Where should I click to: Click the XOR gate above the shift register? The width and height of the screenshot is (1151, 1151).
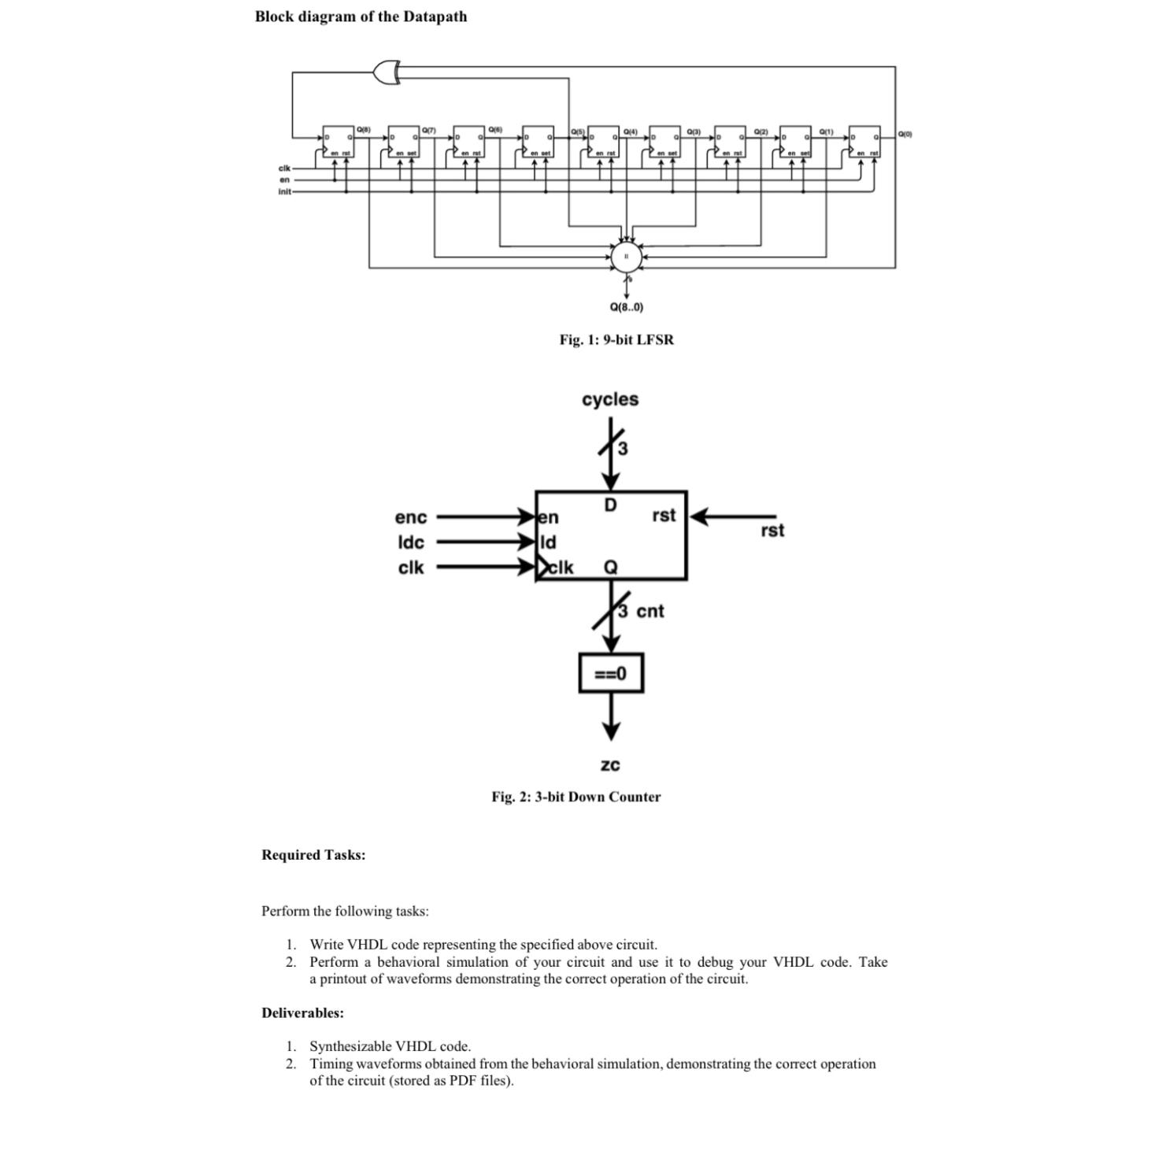387,72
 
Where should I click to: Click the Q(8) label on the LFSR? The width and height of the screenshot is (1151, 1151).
363,128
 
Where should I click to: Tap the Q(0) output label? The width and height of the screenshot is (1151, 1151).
905,134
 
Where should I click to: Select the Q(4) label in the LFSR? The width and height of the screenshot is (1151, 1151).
631,131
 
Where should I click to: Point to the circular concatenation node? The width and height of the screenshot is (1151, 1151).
627,257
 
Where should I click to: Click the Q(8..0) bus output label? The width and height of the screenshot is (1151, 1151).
627,307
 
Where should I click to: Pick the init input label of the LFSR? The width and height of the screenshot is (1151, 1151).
284,191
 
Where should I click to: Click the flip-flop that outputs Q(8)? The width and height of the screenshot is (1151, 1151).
339,141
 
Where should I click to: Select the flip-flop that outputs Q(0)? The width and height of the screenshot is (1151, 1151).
864,141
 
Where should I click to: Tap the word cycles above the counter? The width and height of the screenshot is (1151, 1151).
610,399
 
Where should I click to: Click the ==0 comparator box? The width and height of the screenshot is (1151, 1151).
611,673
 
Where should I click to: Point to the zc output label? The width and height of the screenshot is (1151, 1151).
610,764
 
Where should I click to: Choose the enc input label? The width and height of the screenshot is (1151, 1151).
411,517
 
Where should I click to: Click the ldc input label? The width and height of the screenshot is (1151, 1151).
411,542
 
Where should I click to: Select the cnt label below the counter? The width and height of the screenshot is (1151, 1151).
650,611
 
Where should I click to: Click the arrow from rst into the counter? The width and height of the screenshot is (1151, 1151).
732,517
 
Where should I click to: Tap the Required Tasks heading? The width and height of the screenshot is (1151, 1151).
313,855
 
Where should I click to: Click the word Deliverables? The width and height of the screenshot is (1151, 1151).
302,1012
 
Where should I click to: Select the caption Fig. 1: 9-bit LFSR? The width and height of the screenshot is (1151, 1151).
616,339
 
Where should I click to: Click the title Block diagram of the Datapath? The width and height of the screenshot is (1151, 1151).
361,17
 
